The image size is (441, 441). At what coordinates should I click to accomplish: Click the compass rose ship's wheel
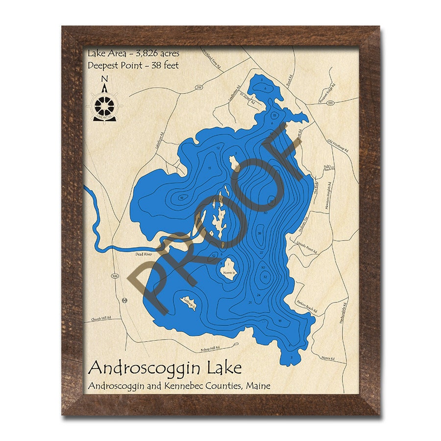(x=103, y=105)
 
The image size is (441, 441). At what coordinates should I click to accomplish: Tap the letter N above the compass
(x=104, y=78)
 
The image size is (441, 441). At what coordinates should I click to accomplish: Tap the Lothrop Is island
(x=189, y=304)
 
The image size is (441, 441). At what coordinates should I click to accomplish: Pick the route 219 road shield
(x=185, y=87)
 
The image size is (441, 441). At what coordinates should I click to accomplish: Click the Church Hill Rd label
(x=101, y=319)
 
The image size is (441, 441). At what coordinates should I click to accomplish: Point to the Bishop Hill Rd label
(x=211, y=349)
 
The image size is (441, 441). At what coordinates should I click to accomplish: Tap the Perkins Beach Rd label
(x=308, y=307)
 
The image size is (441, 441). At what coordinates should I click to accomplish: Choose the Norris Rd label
(x=327, y=359)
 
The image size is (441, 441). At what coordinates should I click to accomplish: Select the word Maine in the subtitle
(x=256, y=386)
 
